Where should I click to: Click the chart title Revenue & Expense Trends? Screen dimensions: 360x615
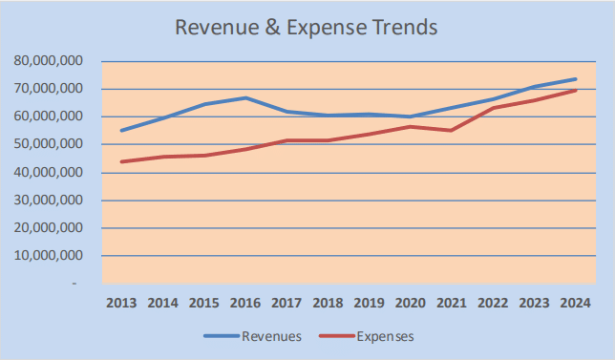point(306,27)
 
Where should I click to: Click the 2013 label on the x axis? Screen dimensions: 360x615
point(121,303)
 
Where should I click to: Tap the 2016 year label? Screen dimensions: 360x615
point(245,303)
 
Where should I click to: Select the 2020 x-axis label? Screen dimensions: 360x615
point(411,303)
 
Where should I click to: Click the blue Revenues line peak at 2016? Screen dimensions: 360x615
point(245,97)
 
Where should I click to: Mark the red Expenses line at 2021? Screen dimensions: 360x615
point(452,130)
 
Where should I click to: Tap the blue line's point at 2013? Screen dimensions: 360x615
point(121,130)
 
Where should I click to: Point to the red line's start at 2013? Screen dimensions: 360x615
point(121,161)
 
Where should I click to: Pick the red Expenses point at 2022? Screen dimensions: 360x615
point(493,108)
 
